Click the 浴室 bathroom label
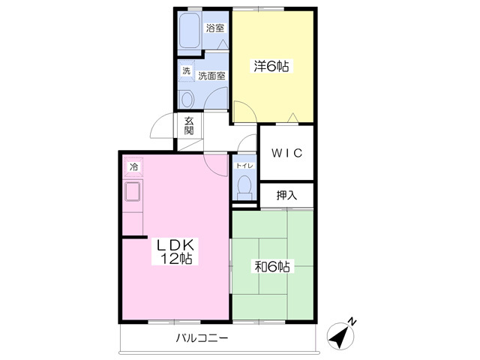click(215, 28)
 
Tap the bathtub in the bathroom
click(189, 30)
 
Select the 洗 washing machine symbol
click(187, 71)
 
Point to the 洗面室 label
click(211, 75)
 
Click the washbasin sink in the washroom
click(187, 99)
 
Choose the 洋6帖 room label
click(271, 66)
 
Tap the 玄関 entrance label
click(189, 126)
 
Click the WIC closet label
click(286, 153)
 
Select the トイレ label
click(244, 166)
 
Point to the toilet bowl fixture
click(244, 187)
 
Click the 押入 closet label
click(286, 195)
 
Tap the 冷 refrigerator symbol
click(133, 167)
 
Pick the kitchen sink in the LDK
click(133, 191)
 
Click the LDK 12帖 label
click(175, 252)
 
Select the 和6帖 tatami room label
click(272, 267)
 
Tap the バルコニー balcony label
click(202, 338)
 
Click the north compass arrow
click(340, 337)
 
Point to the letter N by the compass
click(352, 322)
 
